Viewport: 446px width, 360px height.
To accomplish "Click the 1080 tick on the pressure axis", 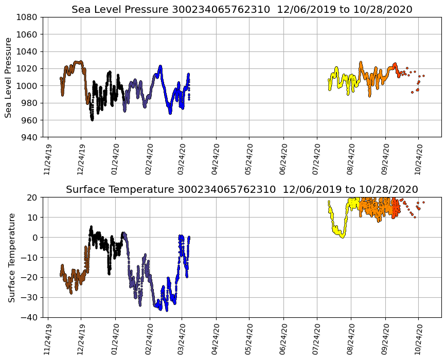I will (26, 17).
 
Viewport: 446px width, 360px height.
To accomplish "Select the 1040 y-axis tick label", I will (26, 51).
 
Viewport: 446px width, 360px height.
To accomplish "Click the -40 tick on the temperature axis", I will (29, 317).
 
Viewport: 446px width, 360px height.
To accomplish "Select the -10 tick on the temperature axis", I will (29, 257).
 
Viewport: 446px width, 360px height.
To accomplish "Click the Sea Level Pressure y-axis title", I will (9, 77).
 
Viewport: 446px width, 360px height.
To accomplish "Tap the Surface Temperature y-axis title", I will (11, 257).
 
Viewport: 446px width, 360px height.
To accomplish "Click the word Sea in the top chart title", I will (81, 10).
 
